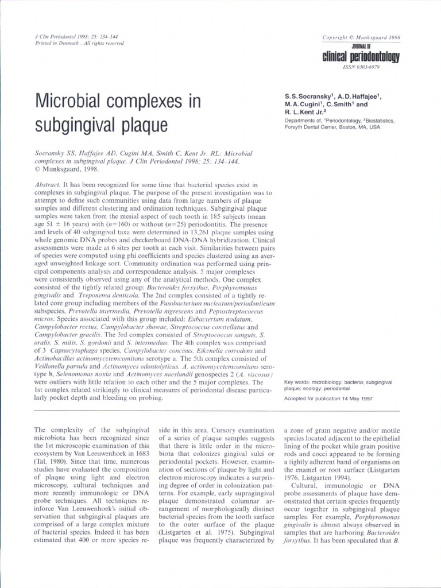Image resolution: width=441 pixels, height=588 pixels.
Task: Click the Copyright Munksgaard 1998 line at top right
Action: click(362, 37)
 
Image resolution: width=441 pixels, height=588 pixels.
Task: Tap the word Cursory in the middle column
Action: click(229, 430)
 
